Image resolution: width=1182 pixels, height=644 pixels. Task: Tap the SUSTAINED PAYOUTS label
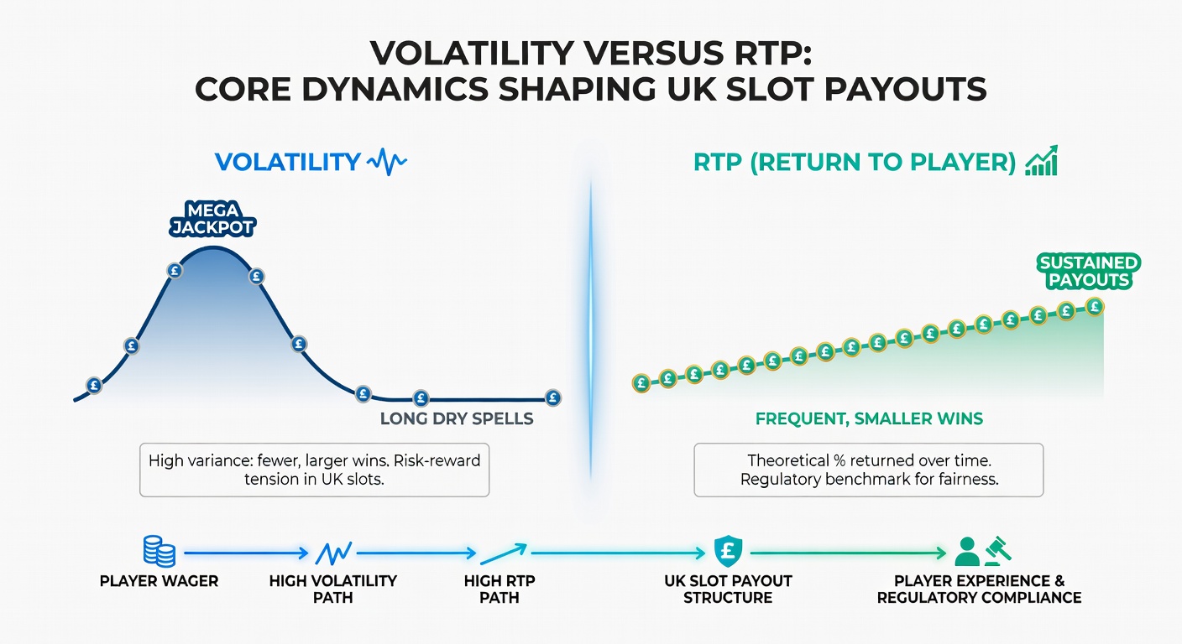(1088, 272)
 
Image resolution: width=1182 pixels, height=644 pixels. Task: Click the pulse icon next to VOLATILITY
(387, 161)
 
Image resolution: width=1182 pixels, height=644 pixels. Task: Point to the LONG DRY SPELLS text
(457, 418)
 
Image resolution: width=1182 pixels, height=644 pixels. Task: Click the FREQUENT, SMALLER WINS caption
(869, 418)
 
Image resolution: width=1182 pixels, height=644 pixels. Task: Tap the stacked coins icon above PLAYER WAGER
(159, 553)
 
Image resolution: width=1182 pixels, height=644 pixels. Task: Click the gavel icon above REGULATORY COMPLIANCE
(996, 550)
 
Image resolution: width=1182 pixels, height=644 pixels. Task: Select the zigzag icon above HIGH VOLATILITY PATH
(332, 553)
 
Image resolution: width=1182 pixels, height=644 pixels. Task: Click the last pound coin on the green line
(1094, 307)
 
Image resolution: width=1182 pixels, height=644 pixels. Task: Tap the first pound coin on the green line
(641, 383)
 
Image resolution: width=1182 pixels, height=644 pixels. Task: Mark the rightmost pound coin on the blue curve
(552, 397)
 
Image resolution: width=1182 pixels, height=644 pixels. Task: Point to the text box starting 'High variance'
(315, 470)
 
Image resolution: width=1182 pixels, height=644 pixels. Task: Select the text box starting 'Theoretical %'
(869, 470)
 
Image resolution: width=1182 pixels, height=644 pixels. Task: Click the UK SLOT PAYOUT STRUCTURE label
(727, 589)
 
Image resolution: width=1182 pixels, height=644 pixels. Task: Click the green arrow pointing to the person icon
(848, 553)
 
